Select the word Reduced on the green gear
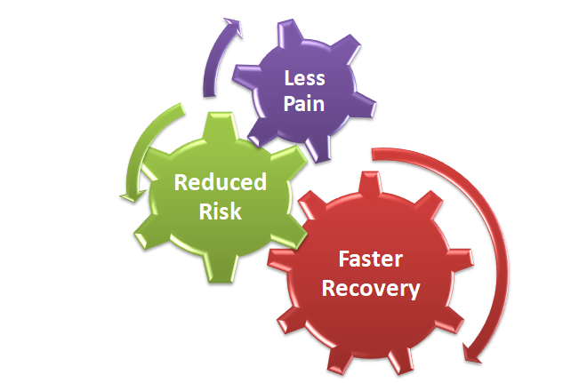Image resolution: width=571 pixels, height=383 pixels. coord(220,182)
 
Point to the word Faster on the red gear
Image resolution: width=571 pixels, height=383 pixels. coord(371,261)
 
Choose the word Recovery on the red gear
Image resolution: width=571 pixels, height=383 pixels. coord(371,288)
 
